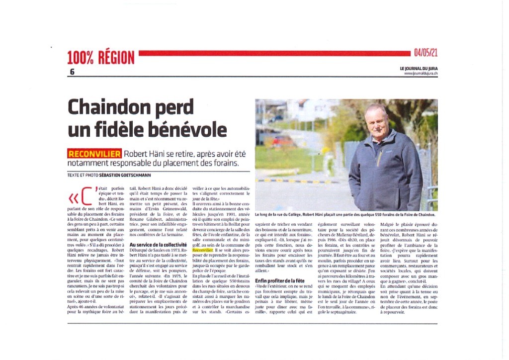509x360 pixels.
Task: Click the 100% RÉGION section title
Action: click(101, 58)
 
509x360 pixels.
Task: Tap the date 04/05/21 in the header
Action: click(425, 52)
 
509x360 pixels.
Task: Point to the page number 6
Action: click(72, 72)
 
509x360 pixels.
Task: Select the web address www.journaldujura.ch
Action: click(421, 74)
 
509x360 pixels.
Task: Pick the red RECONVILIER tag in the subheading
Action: click(94, 154)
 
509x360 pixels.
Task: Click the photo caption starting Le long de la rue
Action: click(345, 215)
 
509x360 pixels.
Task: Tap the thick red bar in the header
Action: click(273, 53)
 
